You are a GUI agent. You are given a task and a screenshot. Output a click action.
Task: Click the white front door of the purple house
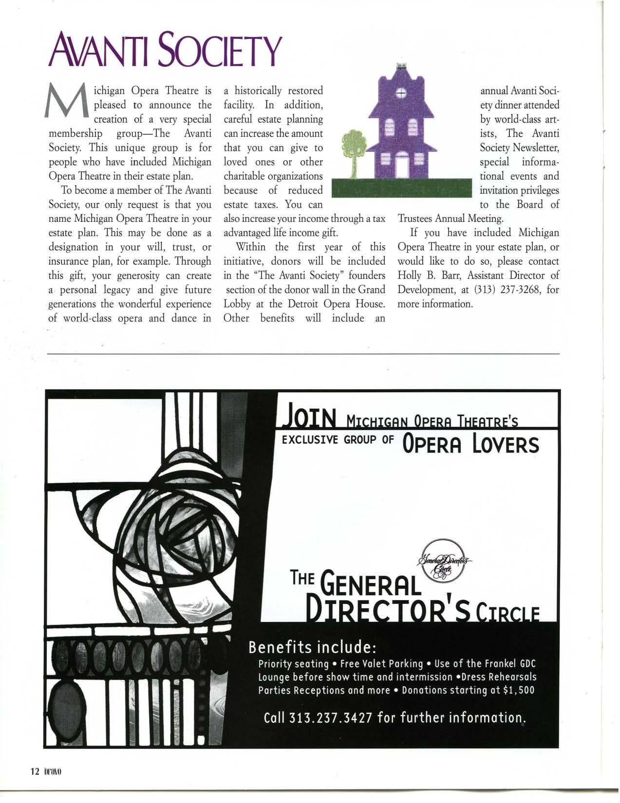402,165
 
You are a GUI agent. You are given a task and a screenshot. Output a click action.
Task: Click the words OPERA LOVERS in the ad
470,444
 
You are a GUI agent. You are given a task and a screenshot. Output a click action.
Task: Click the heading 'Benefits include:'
312,648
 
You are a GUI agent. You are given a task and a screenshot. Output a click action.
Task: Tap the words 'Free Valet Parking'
381,664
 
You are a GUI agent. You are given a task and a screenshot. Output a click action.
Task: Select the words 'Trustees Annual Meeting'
443,219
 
